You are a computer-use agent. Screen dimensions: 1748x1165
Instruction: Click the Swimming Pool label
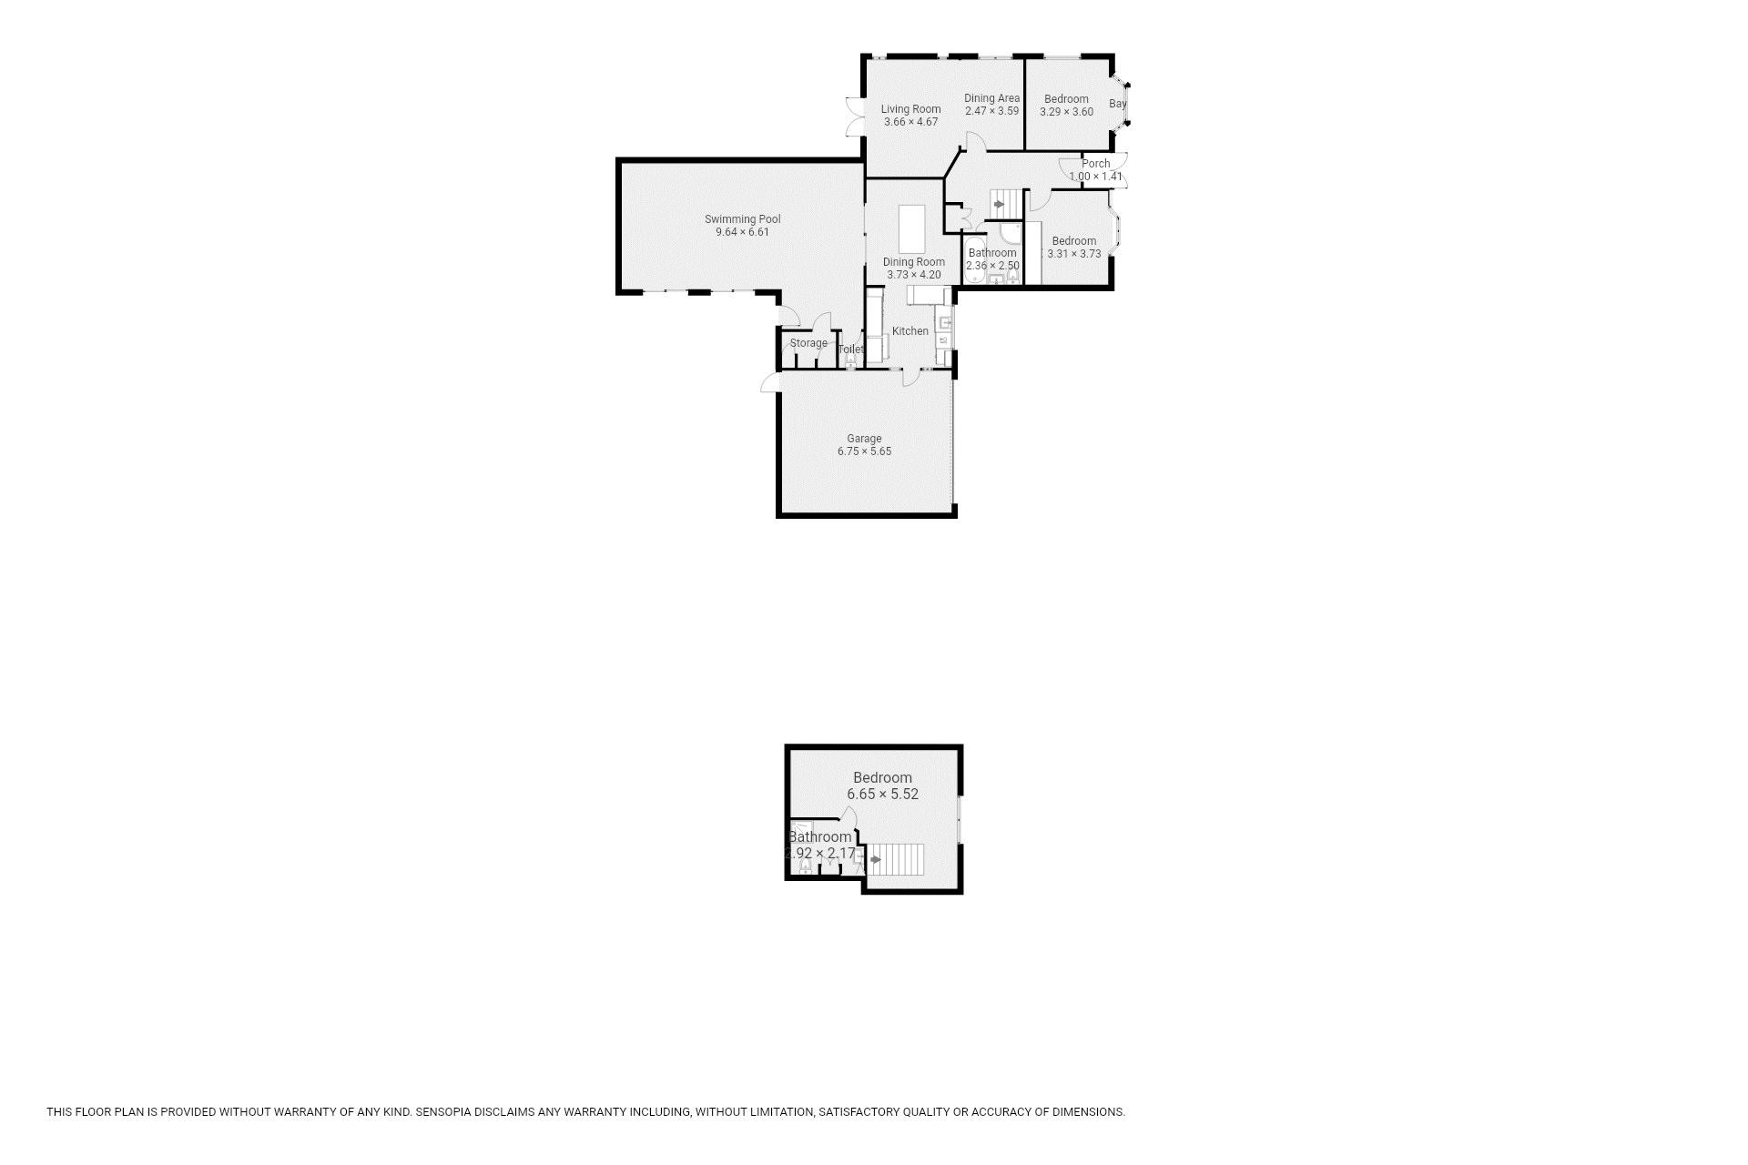click(x=742, y=219)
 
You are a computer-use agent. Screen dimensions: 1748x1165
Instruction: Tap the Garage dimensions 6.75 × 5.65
click(x=864, y=451)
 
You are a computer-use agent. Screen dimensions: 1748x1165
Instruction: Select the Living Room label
click(x=910, y=109)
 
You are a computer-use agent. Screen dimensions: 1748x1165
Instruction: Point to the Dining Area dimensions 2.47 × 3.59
click(x=991, y=111)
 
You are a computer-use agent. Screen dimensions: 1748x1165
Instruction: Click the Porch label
click(x=1095, y=164)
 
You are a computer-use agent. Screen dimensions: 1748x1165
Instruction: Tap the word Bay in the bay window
click(x=1117, y=104)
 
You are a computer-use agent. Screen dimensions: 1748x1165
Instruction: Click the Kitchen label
click(x=910, y=331)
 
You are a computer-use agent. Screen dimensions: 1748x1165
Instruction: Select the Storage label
click(x=808, y=343)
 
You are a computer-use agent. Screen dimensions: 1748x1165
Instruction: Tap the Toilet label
click(x=850, y=349)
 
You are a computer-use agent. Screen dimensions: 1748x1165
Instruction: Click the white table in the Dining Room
click(x=911, y=229)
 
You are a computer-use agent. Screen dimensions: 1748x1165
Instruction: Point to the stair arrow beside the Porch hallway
click(x=999, y=205)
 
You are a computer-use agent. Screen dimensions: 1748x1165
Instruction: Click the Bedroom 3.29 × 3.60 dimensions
click(x=1066, y=112)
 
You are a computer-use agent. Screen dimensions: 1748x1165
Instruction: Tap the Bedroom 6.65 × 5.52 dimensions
click(x=882, y=794)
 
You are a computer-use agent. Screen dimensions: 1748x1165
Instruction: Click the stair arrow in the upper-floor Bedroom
click(x=876, y=859)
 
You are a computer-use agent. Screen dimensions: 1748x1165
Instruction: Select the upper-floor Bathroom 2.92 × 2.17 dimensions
click(x=820, y=854)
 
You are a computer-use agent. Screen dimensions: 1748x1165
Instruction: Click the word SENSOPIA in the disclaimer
click(x=446, y=1111)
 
